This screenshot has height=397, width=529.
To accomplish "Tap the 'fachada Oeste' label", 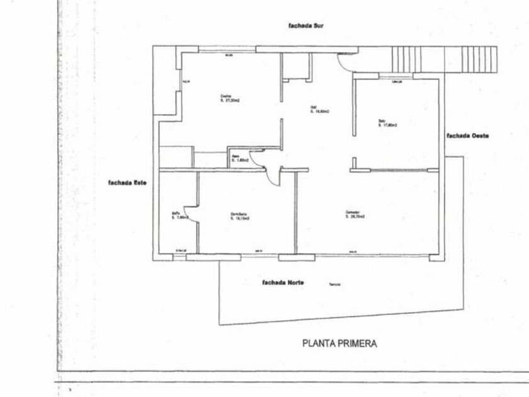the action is [467, 135].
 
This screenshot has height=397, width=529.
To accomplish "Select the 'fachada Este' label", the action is [127, 183].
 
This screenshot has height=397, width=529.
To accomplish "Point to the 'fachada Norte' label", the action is [283, 282].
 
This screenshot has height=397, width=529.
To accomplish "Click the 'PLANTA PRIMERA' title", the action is [339, 343].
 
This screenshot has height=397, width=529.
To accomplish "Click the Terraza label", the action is [334, 285].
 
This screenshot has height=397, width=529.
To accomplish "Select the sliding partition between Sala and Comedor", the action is [396, 170].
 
